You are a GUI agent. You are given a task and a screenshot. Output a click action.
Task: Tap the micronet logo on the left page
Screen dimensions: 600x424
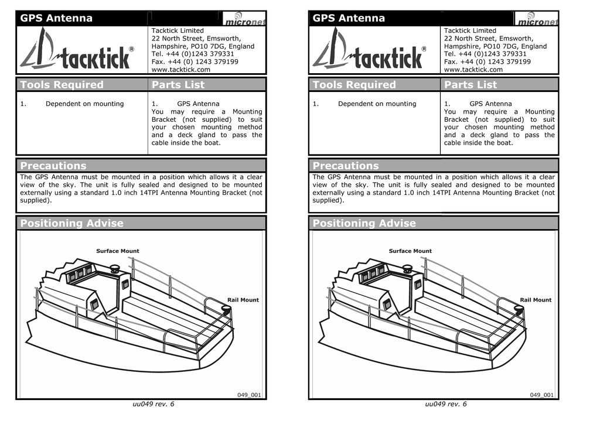tap(244, 19)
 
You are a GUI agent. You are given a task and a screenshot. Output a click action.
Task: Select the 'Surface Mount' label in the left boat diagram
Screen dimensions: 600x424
tap(117, 251)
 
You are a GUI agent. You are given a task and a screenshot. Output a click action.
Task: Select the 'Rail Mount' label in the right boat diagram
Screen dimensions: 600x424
tap(536, 300)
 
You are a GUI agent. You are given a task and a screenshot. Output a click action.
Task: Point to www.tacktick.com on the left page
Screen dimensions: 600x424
tap(180, 70)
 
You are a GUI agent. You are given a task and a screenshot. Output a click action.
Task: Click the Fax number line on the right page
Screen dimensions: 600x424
tap(487, 61)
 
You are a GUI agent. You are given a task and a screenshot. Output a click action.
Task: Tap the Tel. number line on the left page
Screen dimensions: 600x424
tap(192, 54)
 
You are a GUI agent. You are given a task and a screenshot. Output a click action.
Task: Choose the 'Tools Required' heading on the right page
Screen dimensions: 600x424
tap(354, 85)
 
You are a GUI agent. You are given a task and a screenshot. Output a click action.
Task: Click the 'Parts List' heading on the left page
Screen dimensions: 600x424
tap(178, 85)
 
